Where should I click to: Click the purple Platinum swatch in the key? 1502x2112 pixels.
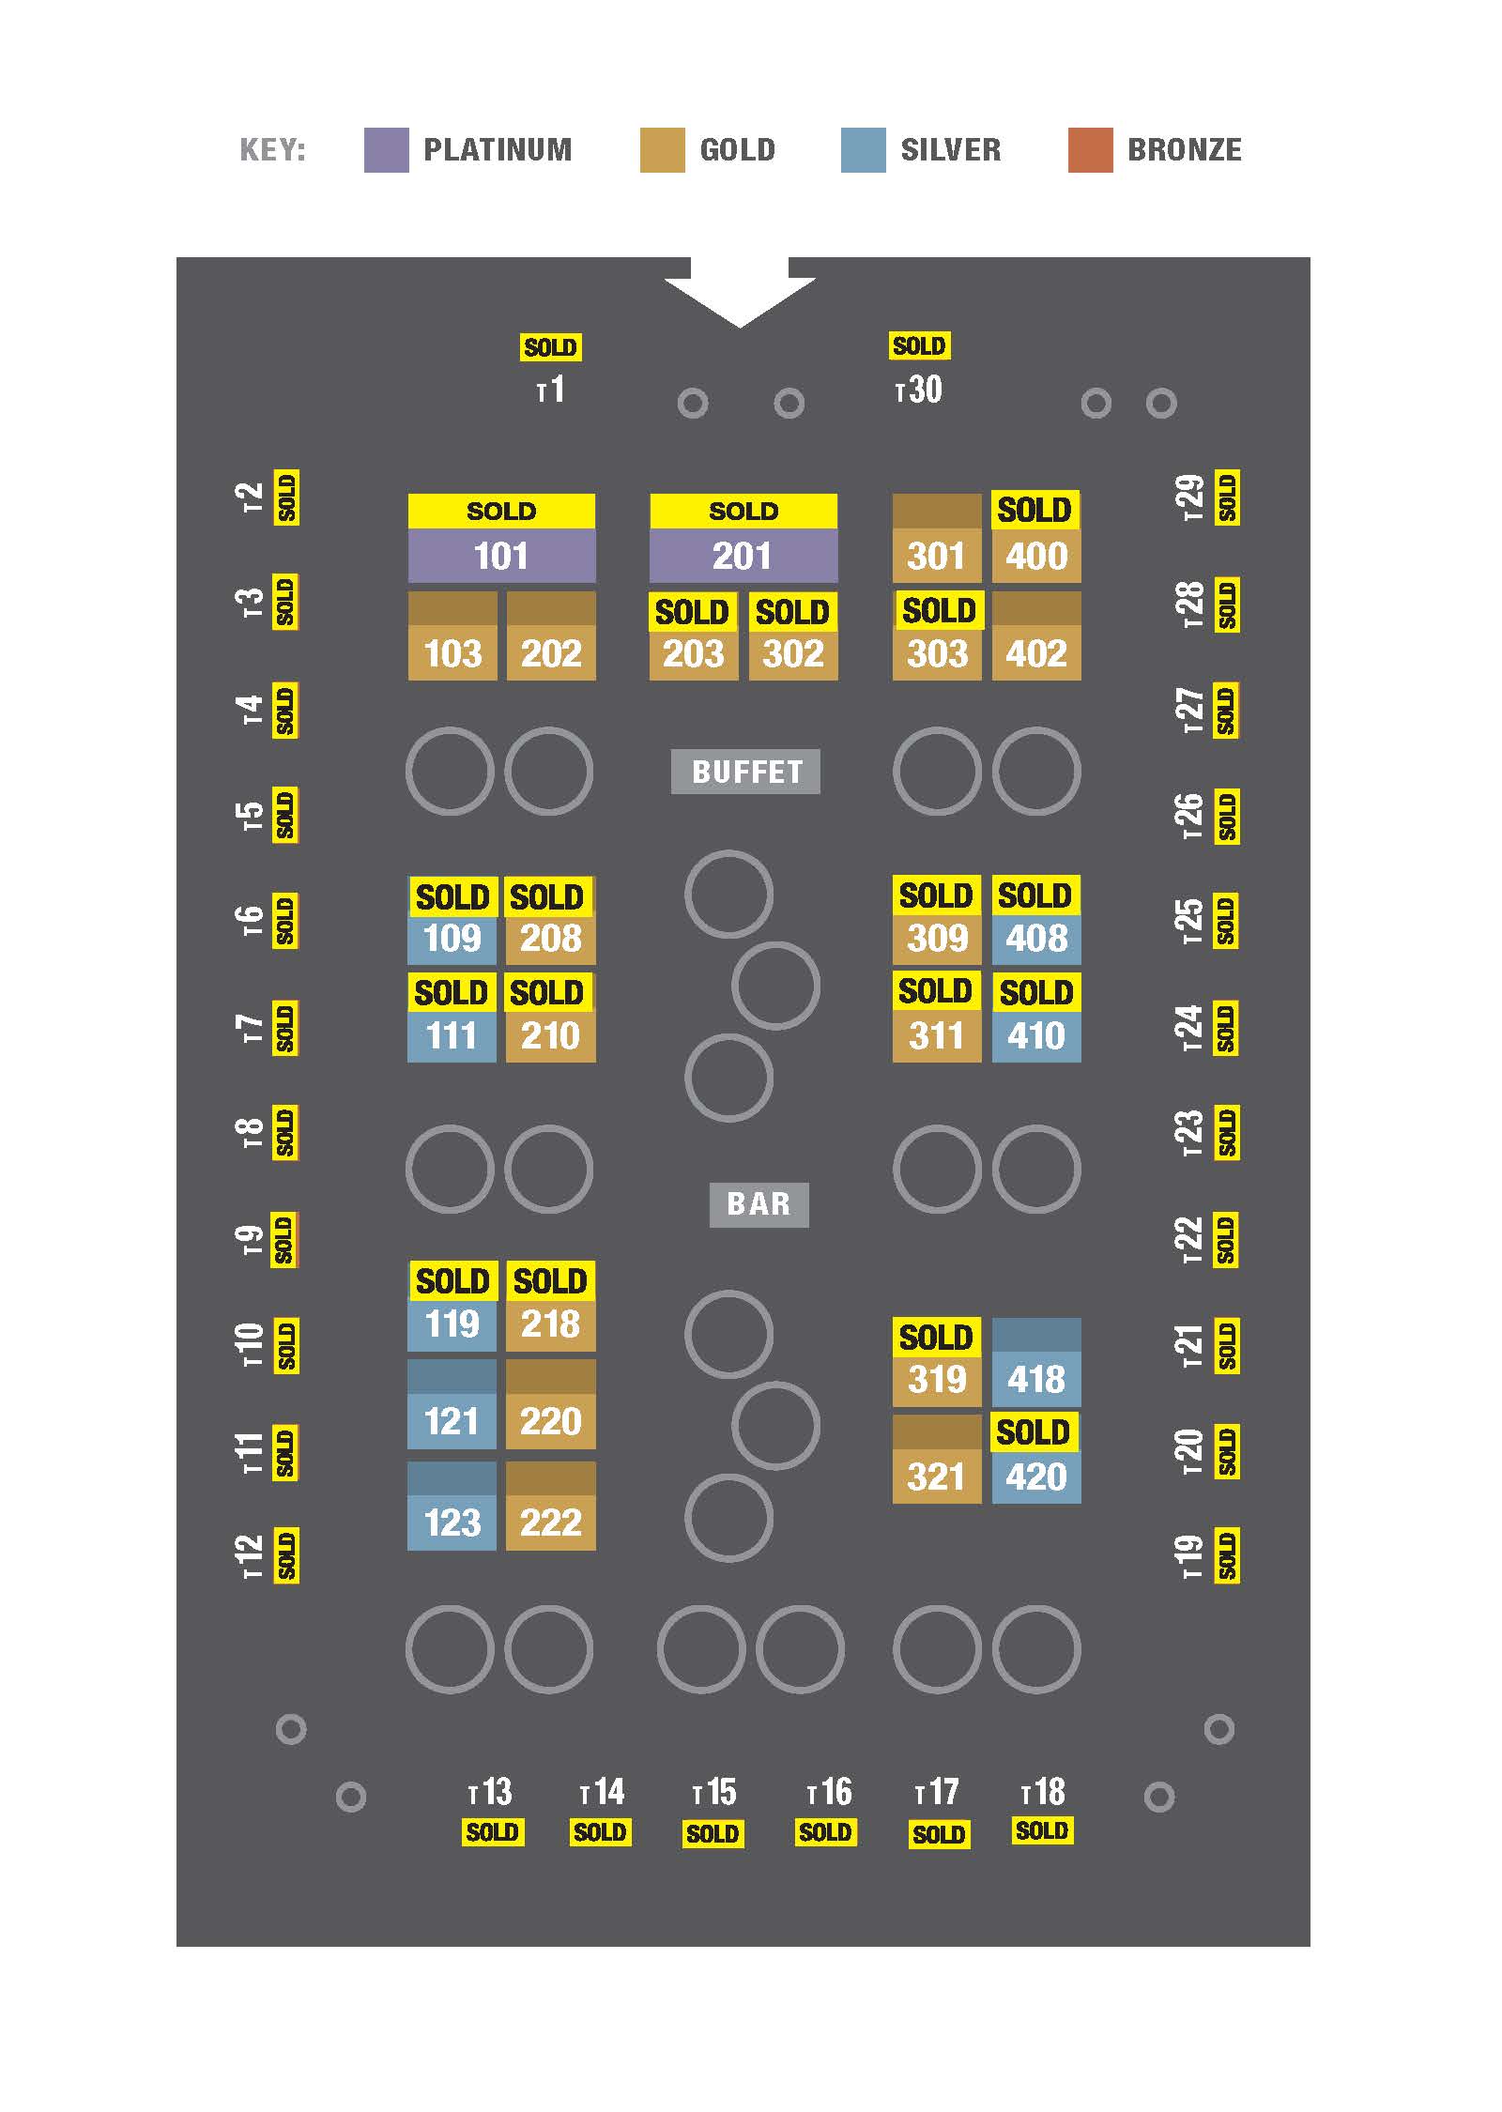386,150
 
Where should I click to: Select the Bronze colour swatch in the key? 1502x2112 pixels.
1090,150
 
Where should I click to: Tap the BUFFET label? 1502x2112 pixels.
745,772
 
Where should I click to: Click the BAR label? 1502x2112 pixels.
759,1203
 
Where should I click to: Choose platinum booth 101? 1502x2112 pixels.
501,556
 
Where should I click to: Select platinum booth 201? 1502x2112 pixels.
743,556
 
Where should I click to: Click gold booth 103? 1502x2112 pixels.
452,652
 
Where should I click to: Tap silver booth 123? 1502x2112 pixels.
452,1522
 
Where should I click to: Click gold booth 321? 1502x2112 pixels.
937,1476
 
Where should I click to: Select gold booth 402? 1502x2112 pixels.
1036,652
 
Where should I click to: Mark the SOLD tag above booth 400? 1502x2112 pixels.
1035,510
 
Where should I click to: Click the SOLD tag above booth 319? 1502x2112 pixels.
936,1337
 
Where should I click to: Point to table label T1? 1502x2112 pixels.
551,390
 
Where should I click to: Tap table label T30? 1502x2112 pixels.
919,390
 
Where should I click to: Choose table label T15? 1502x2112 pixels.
714,1792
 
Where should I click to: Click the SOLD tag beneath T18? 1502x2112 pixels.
1042,1830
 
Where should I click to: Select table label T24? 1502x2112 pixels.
1188,1028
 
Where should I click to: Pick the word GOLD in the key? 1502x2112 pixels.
738,150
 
